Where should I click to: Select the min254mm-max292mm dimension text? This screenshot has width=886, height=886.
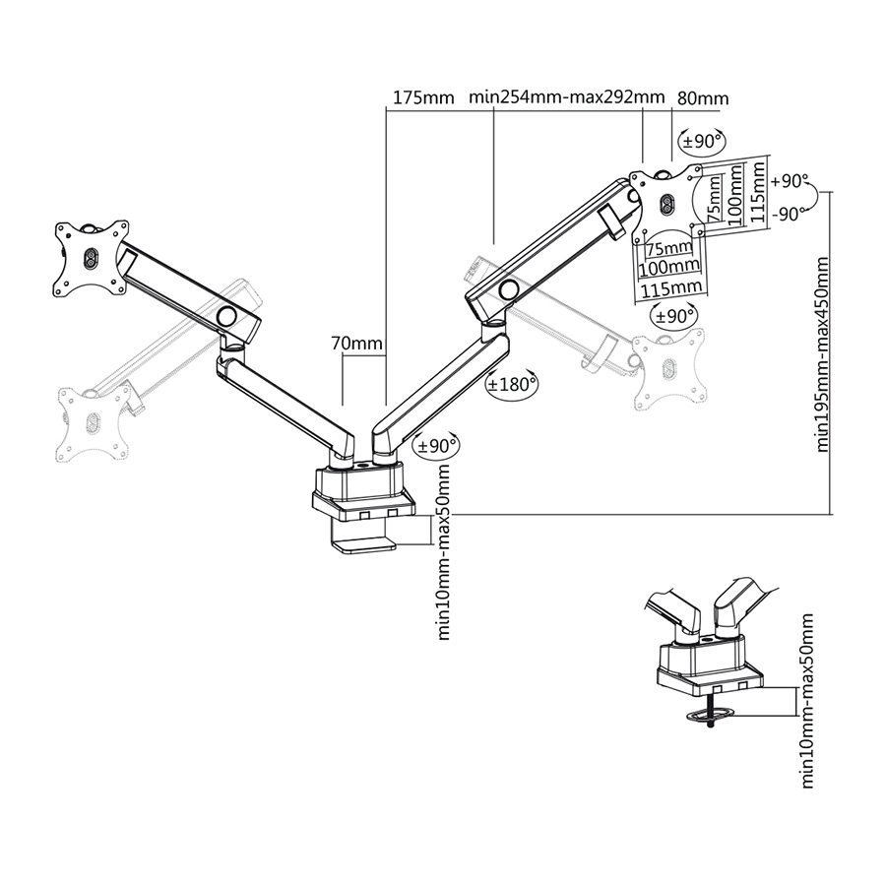point(566,97)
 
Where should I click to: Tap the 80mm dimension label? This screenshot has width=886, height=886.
point(703,97)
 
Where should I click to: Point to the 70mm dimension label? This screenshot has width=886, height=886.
point(356,344)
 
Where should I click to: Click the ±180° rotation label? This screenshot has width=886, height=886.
point(511,385)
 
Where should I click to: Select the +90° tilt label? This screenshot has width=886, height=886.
point(790,181)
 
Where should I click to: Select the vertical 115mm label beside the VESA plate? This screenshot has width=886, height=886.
point(757,193)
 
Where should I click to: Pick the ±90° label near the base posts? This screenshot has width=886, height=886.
point(437,446)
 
